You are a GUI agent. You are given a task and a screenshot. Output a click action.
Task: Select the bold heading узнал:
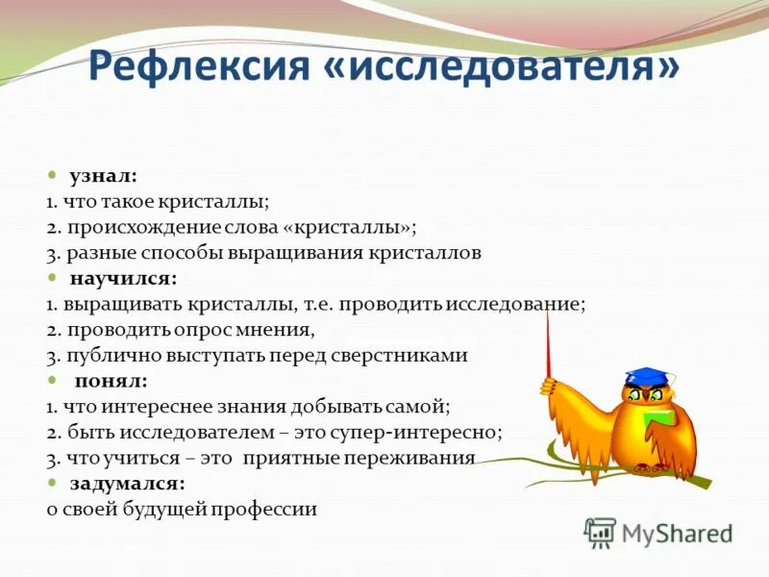(103, 177)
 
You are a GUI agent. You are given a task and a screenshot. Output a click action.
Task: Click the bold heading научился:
(123, 279)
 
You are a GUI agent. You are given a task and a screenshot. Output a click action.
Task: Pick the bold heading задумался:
(127, 483)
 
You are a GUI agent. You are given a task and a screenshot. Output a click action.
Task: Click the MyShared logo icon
(600, 532)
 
